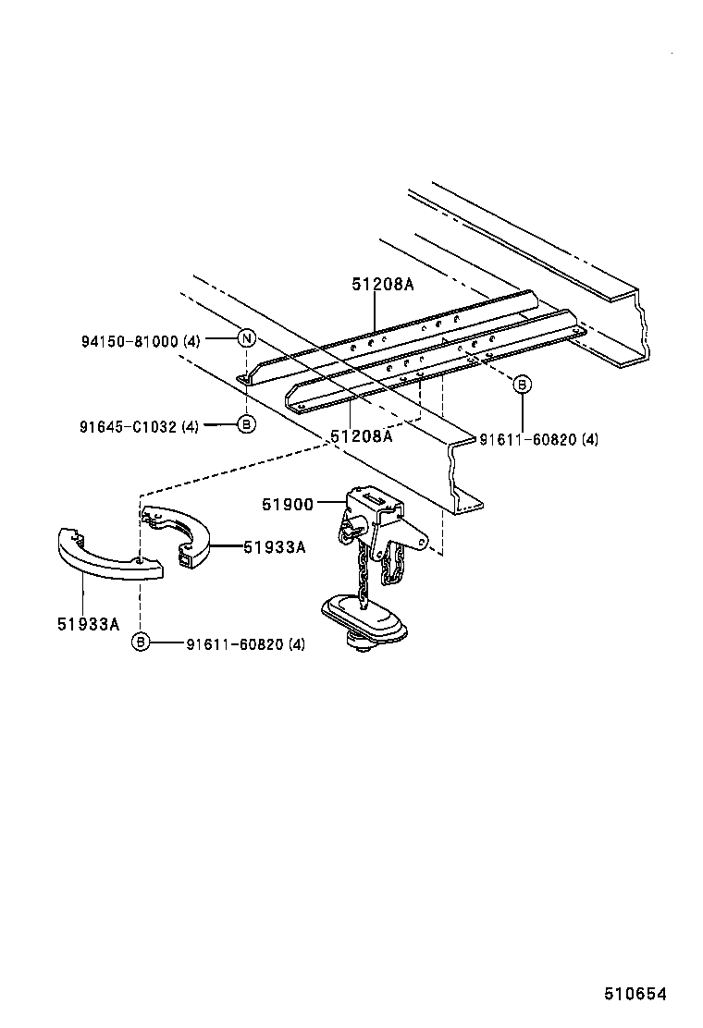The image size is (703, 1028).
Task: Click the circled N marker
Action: (x=246, y=338)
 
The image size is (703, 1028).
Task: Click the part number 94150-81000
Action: (x=129, y=341)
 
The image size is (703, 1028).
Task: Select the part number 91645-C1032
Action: (x=128, y=426)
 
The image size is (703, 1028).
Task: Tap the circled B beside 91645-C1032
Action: (x=246, y=424)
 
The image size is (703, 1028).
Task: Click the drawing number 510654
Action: (x=635, y=995)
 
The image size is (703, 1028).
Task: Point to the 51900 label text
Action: (x=288, y=504)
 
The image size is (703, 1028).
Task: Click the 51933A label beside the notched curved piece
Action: (x=274, y=546)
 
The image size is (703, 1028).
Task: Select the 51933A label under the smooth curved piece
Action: (x=89, y=624)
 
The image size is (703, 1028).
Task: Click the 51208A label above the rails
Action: (x=382, y=285)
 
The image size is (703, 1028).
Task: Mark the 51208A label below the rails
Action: (x=362, y=435)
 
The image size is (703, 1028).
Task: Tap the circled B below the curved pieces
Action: (x=140, y=642)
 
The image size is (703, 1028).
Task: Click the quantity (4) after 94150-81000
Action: (x=191, y=341)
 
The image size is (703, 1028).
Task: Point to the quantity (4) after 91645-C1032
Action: (x=190, y=426)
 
